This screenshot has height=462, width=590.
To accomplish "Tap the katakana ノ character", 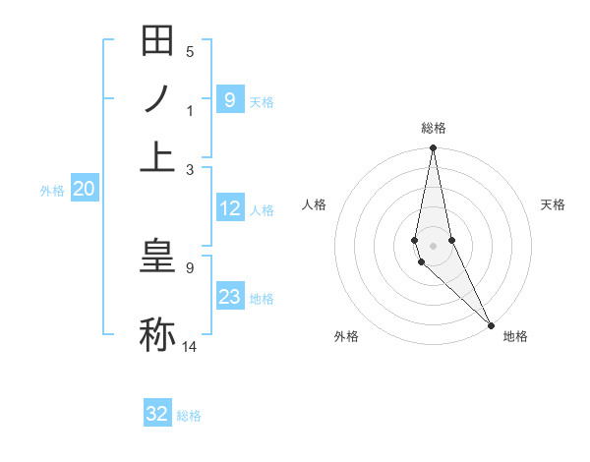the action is pyautogui.click(x=157, y=98).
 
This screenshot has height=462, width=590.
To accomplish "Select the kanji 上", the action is pyautogui.click(x=157, y=155).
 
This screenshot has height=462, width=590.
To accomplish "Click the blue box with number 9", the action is pyautogui.click(x=229, y=99).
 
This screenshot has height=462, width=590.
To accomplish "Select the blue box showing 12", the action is pyautogui.click(x=229, y=208).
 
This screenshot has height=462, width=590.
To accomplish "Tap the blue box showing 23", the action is pyautogui.click(x=229, y=297).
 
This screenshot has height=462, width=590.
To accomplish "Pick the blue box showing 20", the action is pyautogui.click(x=84, y=190).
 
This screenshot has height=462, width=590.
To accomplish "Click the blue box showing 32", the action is pyautogui.click(x=157, y=414).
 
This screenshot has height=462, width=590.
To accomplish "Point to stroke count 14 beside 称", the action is pyautogui.click(x=190, y=346).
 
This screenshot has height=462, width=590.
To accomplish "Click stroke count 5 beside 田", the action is pyautogui.click(x=190, y=51).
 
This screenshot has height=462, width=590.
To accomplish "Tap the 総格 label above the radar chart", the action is pyautogui.click(x=433, y=128).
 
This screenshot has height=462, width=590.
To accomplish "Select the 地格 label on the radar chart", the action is pyautogui.click(x=515, y=336).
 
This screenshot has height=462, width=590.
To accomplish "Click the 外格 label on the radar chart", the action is pyautogui.click(x=346, y=336).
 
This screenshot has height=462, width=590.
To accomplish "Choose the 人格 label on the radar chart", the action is pyautogui.click(x=315, y=204).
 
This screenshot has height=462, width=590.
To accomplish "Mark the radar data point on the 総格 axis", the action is pyautogui.click(x=433, y=148).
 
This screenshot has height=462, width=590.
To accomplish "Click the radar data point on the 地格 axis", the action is pyautogui.click(x=491, y=323).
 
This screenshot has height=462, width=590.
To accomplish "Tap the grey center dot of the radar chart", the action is pyautogui.click(x=433, y=245).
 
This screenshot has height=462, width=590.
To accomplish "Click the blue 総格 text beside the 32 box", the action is pyautogui.click(x=189, y=416).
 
